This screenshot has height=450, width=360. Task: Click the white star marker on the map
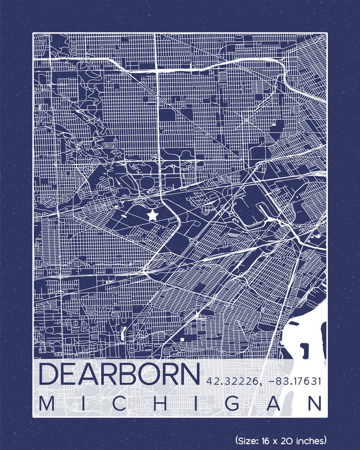pyautogui.click(x=153, y=215)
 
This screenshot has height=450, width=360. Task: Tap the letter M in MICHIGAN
pyautogui.click(x=46, y=404)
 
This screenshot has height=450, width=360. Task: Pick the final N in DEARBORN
pyautogui.click(x=190, y=374)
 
